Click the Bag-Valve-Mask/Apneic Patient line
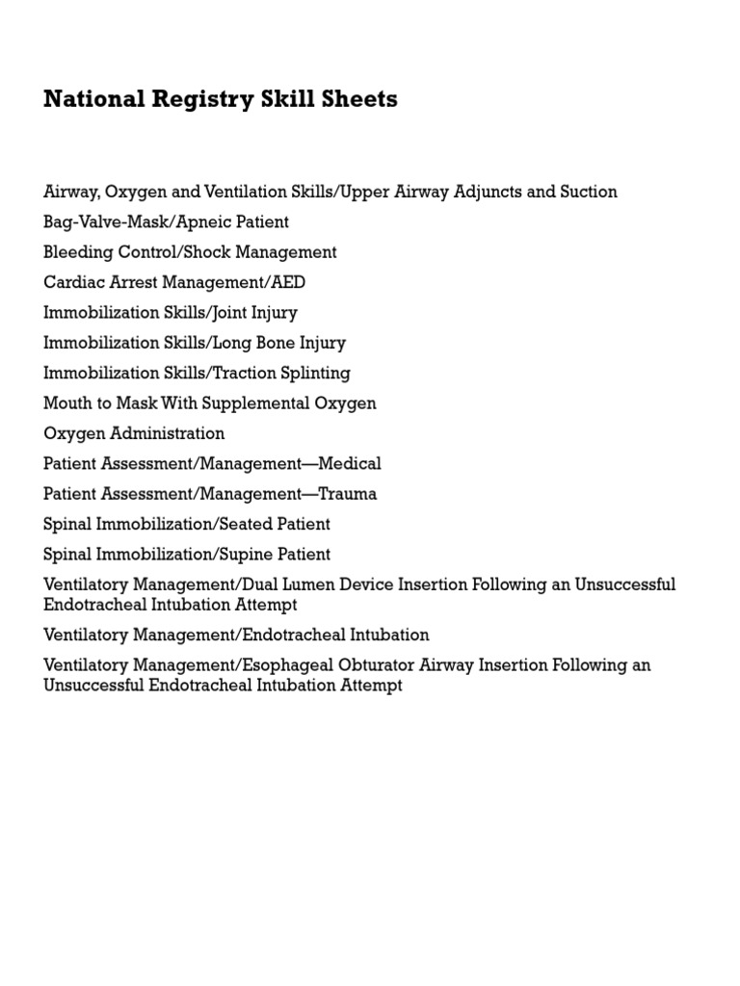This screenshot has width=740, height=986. pos(166,222)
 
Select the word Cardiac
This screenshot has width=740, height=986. pos(71,282)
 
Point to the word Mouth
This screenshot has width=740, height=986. pos(67,403)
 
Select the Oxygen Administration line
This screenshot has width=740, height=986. pos(134,433)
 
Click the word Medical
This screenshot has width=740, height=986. pos(350,464)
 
